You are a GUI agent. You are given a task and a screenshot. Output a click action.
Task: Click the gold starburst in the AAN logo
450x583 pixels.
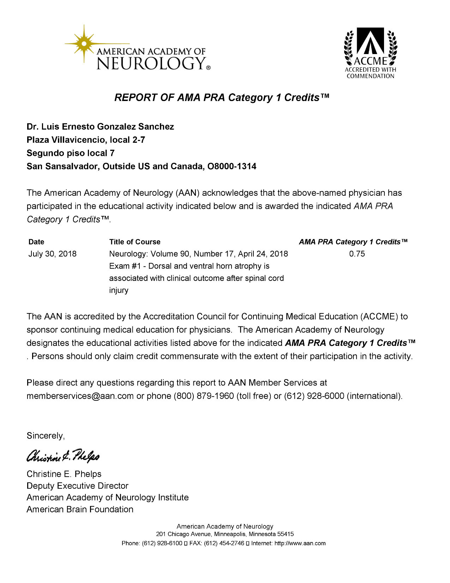click(x=84, y=43)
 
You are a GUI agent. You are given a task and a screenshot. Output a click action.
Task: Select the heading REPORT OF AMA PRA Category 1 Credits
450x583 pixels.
click(x=222, y=98)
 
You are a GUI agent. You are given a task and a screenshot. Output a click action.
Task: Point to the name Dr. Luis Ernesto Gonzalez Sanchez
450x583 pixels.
click(x=100, y=126)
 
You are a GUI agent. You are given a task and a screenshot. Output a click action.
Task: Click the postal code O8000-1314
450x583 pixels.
click(x=232, y=166)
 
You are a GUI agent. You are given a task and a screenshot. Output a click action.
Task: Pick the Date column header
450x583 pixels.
click(x=36, y=242)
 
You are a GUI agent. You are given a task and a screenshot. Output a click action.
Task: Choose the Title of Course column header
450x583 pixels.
click(x=134, y=242)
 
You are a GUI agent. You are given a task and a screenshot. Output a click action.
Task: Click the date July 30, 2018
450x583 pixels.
click(x=52, y=254)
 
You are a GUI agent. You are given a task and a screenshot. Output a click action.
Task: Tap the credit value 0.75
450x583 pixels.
click(x=357, y=254)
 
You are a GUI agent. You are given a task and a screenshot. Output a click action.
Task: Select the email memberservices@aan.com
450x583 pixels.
click(x=80, y=396)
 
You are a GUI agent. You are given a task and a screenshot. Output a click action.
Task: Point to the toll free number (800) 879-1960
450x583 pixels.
click(x=204, y=396)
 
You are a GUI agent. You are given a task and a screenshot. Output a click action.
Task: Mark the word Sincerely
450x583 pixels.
click(x=46, y=436)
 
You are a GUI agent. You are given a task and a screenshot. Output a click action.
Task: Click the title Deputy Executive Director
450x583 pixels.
click(x=77, y=486)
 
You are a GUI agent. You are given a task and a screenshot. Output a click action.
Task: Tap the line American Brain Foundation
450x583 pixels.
click(x=80, y=510)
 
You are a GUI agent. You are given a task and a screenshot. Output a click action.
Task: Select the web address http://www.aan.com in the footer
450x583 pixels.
click(x=300, y=543)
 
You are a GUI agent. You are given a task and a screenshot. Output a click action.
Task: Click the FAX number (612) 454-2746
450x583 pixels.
click(x=224, y=543)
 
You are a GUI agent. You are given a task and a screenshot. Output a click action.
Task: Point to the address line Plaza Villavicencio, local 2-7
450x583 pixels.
click(x=86, y=140)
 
